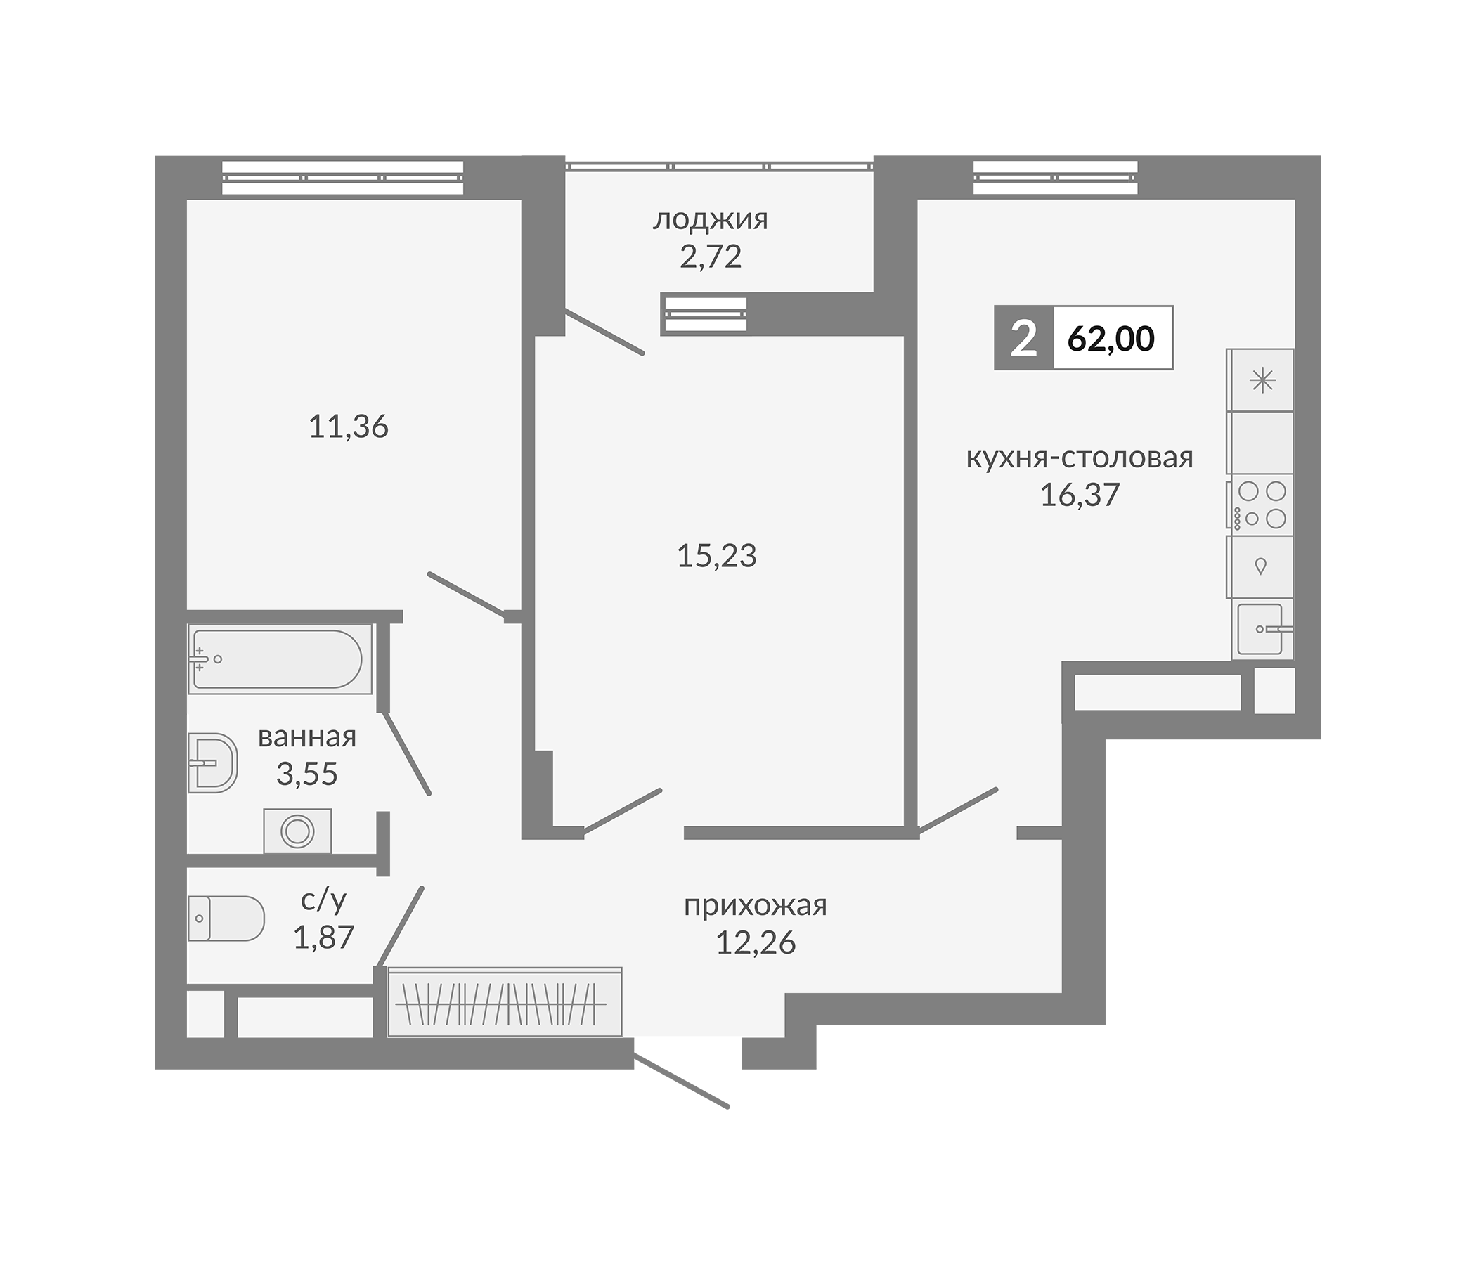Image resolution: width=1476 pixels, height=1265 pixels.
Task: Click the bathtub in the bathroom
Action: tap(280, 659)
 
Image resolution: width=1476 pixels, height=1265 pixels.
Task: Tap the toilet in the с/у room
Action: tap(226, 918)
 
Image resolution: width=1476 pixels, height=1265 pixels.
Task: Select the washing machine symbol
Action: tap(297, 831)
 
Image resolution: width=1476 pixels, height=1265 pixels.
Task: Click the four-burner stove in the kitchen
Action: tap(1260, 505)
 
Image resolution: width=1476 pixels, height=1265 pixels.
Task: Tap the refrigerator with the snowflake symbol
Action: tap(1260, 379)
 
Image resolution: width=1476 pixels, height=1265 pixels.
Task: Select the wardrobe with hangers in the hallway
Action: tap(505, 1001)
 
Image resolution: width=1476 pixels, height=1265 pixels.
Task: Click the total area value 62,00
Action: tap(1111, 339)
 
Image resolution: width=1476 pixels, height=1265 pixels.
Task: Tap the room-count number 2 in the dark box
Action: tap(1023, 338)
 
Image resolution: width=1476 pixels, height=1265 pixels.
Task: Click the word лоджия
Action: tap(711, 219)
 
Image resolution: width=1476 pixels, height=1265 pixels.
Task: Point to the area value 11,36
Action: tap(349, 427)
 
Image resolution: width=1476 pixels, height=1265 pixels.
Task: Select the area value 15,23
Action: tap(717, 556)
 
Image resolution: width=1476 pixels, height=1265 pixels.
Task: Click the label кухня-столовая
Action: tap(1080, 458)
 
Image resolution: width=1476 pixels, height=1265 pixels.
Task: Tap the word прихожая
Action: tap(756, 905)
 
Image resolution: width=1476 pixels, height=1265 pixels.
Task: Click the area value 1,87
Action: tap(324, 937)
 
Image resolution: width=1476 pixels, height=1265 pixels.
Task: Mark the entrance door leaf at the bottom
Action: tap(681, 1082)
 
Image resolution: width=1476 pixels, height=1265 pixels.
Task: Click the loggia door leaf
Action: tap(604, 331)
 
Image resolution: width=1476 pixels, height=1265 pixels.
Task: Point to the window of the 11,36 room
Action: tap(343, 177)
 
